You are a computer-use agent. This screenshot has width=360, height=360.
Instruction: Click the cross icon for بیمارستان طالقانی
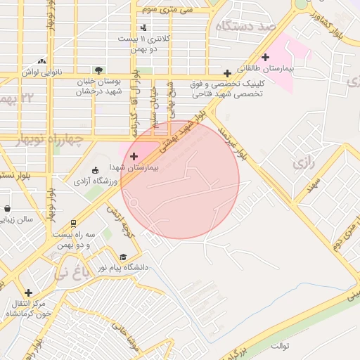pyautogui.click(x=265, y=58)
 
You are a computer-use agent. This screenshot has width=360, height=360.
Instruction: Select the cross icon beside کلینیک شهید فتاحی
pyautogui.click(x=227, y=73)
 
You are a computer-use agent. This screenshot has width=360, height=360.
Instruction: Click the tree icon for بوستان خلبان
pyautogui.click(x=98, y=70)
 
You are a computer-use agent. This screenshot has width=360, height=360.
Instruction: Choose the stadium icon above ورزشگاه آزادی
pyautogui.click(x=96, y=169)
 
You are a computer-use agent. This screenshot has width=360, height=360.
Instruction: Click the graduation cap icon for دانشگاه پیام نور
pyautogui.click(x=124, y=257)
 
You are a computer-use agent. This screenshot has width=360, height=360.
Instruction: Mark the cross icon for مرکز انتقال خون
pyautogui.click(x=28, y=292)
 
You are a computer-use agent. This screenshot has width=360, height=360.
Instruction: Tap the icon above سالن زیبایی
pyautogui.click(x=7, y=209)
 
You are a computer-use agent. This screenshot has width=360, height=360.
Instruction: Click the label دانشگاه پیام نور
pyautogui.click(x=148, y=267)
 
